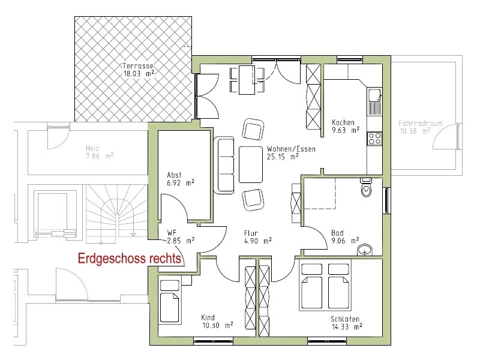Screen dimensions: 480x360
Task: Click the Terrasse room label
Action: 138,65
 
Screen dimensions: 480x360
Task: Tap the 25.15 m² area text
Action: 283,157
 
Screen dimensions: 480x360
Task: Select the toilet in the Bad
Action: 366,187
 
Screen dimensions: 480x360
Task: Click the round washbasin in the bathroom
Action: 365,250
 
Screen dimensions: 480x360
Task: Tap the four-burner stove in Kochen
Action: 374,138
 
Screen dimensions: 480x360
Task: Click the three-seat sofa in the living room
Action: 224,166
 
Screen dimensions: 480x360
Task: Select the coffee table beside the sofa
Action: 251,164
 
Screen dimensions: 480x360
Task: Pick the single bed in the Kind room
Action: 169,302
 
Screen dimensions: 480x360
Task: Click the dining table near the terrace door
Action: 247,80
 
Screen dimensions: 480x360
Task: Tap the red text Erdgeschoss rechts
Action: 129,259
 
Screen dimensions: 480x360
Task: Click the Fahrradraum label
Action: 421,124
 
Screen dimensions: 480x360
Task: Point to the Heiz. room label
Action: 94,148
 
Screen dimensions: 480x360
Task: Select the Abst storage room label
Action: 174,175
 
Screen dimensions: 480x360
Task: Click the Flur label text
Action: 251,233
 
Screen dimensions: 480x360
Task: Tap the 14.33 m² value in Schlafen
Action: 347,326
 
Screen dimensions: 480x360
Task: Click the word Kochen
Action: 343,122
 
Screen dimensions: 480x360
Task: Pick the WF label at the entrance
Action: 172,233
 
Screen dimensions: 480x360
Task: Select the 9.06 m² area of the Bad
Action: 345,241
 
